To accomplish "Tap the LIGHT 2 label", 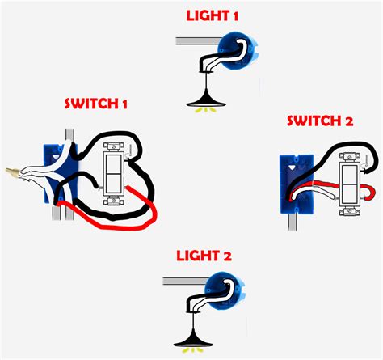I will [204, 256].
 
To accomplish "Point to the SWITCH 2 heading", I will [321, 121].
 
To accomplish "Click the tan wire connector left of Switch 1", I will [12, 172].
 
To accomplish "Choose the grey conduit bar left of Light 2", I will [181, 281].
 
